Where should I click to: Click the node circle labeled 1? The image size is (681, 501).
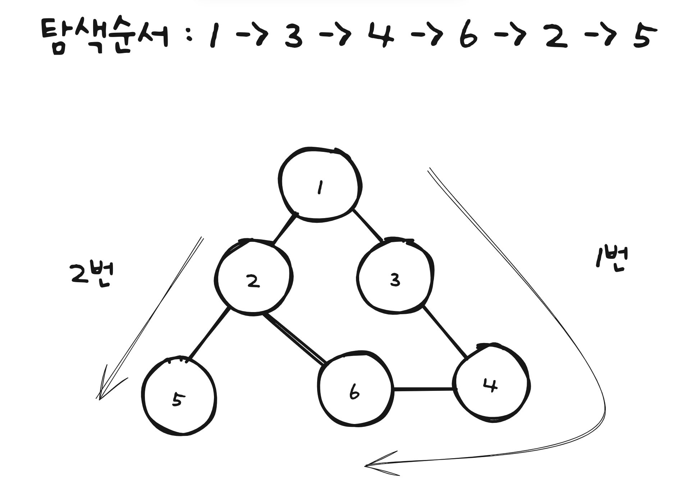click(320, 185)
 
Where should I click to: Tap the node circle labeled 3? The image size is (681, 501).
click(395, 277)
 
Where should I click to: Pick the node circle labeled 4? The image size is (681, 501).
click(491, 384)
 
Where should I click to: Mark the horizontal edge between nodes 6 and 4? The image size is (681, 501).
click(423, 389)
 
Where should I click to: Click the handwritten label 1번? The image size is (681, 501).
click(612, 258)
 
